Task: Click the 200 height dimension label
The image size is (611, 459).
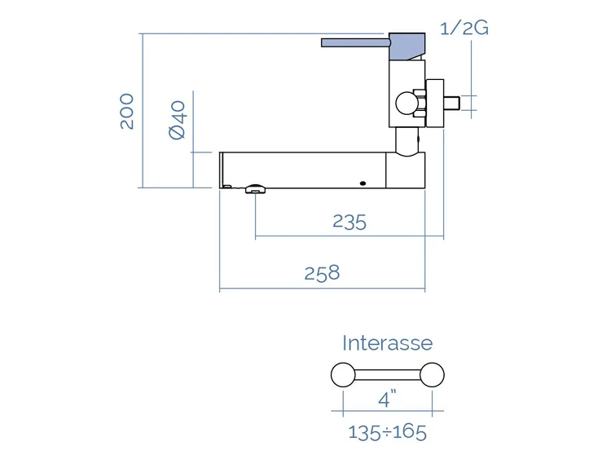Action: (x=127, y=111)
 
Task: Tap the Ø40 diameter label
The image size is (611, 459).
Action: (x=178, y=120)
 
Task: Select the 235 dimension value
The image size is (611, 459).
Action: (x=349, y=222)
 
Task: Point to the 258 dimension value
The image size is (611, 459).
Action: (x=322, y=273)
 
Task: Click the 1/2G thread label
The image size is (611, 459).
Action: (x=464, y=28)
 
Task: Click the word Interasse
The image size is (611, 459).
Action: (x=387, y=343)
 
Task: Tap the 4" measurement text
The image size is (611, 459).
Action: (x=387, y=399)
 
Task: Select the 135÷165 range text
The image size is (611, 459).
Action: (x=387, y=432)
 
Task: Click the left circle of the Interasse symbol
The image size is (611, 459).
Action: (x=343, y=375)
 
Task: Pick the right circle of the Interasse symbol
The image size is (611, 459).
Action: (x=432, y=375)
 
